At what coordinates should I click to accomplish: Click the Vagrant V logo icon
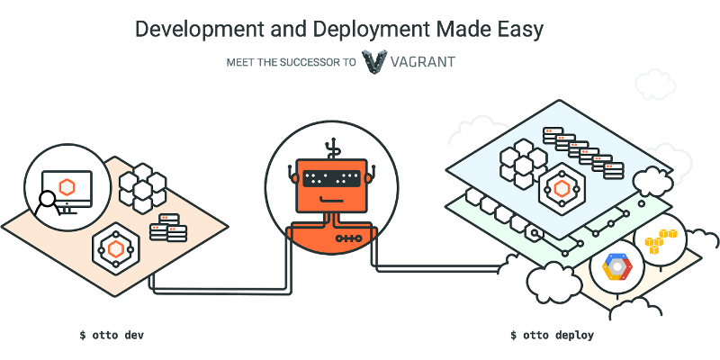click(374, 62)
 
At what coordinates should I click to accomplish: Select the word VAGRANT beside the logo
click(423, 61)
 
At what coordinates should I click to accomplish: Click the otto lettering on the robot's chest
click(349, 238)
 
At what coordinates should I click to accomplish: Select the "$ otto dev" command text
click(112, 335)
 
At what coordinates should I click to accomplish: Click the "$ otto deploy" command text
click(552, 335)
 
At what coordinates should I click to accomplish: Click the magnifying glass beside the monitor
click(48, 203)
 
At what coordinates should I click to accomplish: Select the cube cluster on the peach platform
click(142, 188)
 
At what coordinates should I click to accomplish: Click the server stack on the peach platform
click(168, 228)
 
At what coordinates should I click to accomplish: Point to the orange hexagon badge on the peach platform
click(116, 249)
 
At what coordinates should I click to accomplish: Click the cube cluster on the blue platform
click(524, 164)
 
